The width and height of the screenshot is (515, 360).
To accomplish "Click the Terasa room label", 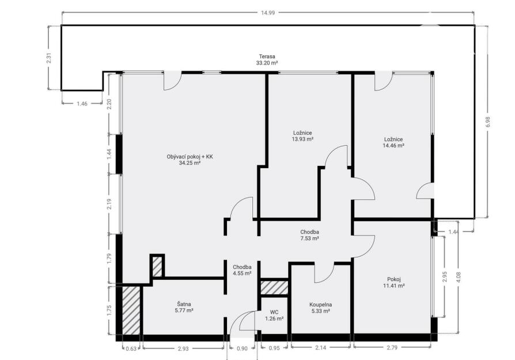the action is click(267, 56).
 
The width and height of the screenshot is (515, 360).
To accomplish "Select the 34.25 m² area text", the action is click(190, 162).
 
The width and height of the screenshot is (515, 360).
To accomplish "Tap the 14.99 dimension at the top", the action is click(268, 13).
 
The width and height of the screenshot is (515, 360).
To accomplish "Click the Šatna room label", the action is click(184, 304).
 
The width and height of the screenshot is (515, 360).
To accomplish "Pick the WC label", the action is click(274, 312).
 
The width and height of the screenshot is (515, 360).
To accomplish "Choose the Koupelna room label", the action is click(320, 305).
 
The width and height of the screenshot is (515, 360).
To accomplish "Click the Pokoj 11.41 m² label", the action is click(394, 282).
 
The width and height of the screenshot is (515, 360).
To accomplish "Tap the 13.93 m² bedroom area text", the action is click(302, 139).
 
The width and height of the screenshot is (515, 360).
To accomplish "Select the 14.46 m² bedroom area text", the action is click(393, 145).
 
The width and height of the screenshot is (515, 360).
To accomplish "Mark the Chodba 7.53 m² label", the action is click(309, 235).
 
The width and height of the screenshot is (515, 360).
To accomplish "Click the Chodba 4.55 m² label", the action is click(243, 270).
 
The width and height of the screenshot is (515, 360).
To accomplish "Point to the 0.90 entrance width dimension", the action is click(242, 348).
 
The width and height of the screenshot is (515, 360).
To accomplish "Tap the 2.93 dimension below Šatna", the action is click(183, 348).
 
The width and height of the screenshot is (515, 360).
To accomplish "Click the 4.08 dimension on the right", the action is click(459, 277).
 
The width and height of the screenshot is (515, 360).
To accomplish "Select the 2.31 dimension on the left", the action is click(49, 58).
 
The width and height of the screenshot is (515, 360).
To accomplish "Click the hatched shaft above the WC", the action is click(275, 288).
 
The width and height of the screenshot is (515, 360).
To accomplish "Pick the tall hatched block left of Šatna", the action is click(131, 310).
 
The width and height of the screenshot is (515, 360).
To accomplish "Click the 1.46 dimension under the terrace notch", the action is click(82, 104).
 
